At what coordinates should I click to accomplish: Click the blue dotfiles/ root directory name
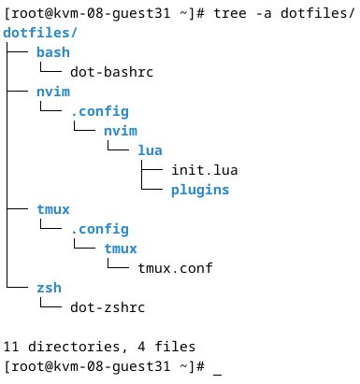tap(36, 33)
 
